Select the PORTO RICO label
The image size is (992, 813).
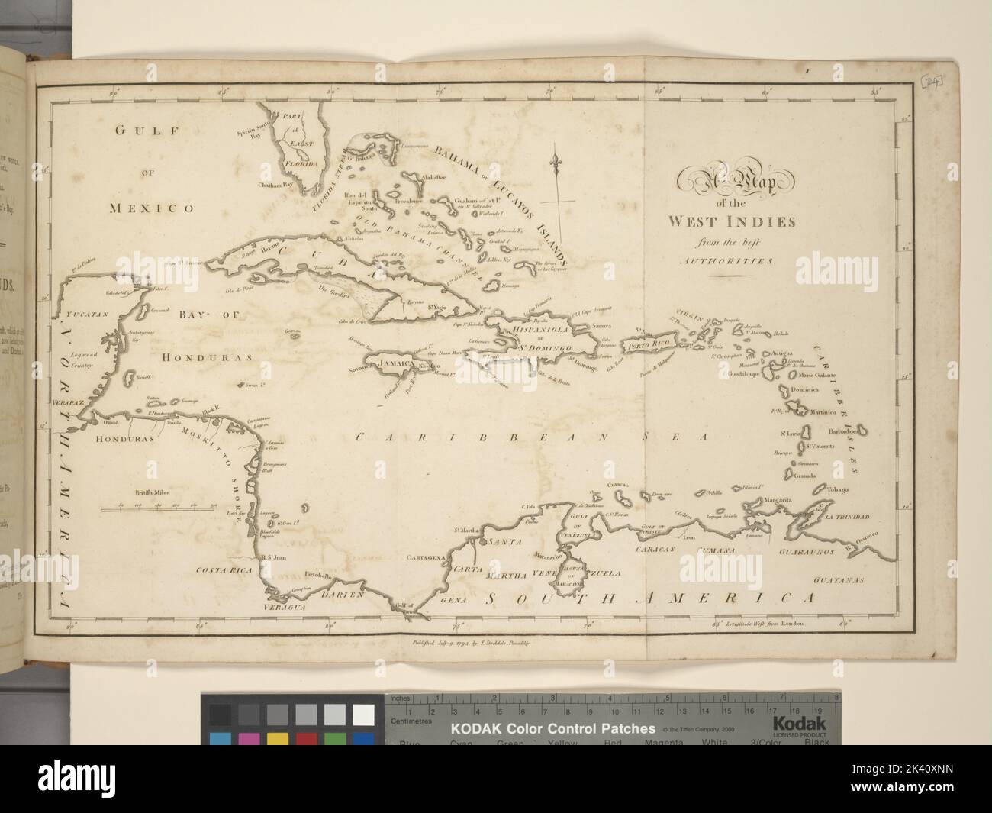[x=649, y=345]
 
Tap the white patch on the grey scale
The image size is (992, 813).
[x=363, y=715]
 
